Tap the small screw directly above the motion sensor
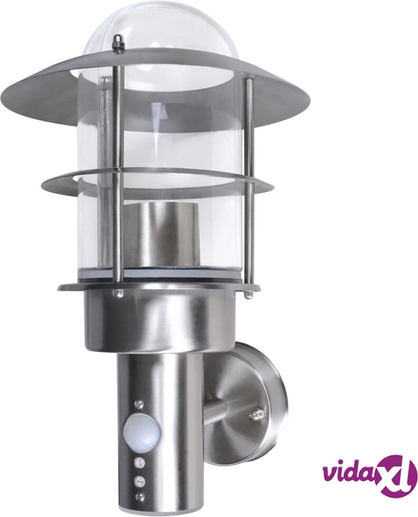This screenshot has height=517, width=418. [138, 404]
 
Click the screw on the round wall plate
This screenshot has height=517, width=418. [255, 414]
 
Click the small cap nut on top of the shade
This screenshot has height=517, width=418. [117, 42]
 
